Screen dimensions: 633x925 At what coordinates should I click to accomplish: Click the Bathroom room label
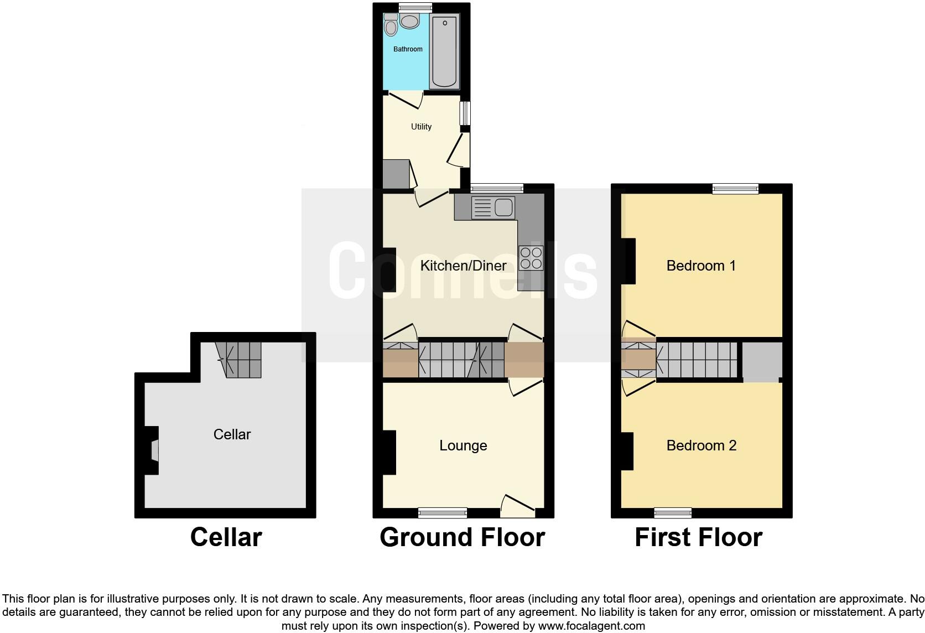(408, 49)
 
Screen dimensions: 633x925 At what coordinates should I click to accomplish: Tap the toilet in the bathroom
(391, 25)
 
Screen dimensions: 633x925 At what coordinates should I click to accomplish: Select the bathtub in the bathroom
(444, 51)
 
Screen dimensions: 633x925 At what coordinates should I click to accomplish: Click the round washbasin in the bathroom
(409, 22)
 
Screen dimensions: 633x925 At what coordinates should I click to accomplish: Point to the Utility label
(421, 127)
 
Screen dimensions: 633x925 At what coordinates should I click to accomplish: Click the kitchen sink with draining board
(493, 207)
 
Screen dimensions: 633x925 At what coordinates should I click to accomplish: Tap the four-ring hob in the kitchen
(531, 258)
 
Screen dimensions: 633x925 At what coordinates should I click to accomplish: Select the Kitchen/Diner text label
(463, 266)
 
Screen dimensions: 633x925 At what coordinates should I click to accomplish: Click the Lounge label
(463, 446)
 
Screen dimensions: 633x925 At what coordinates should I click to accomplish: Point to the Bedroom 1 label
(701, 266)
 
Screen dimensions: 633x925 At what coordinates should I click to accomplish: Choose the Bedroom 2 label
(701, 446)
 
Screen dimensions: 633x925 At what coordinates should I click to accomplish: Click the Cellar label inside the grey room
(232, 434)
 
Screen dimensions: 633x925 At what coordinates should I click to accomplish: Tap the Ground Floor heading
(462, 537)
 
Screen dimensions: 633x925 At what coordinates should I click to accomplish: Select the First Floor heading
(698, 537)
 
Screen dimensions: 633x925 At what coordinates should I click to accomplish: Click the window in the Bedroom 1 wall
(735, 189)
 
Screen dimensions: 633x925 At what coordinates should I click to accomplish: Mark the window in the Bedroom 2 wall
(673, 513)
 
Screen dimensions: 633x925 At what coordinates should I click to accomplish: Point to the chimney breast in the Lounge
(389, 453)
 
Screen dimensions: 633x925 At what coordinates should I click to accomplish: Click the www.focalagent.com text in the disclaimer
(591, 626)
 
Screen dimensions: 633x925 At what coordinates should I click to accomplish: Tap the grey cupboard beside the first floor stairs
(762, 361)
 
